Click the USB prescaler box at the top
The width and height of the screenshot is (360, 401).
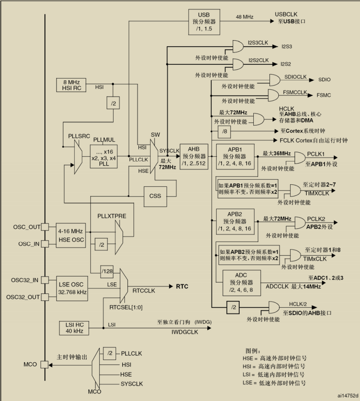(204, 22)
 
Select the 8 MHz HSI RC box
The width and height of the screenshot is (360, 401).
(72, 85)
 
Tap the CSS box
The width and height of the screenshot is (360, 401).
(155, 196)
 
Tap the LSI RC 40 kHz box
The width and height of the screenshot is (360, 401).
(73, 328)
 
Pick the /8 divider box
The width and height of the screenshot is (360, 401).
(224, 130)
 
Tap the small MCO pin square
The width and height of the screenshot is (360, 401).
(44, 365)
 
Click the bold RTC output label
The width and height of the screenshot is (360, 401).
(181, 286)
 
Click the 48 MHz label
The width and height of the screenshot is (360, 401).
(244, 17)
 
